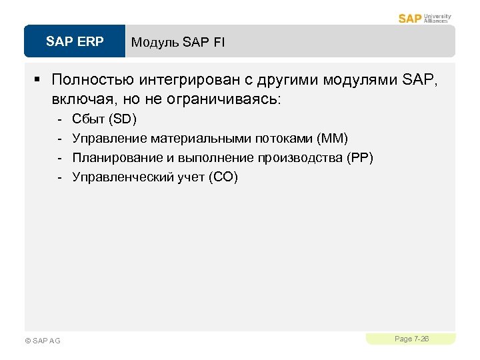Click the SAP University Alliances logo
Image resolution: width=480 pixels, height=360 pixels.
pos(425,17)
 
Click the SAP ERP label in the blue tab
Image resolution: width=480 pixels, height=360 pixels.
pos(75,42)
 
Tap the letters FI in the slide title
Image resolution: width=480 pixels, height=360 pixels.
pos(219,43)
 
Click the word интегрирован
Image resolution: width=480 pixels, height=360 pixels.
pos(183,81)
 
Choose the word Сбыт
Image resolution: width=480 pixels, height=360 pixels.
pos(87,119)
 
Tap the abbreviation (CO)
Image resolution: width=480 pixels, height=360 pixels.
pos(223,177)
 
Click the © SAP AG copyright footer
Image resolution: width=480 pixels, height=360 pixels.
pos(42,341)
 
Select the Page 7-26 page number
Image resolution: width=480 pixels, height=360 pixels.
pos(411,339)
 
